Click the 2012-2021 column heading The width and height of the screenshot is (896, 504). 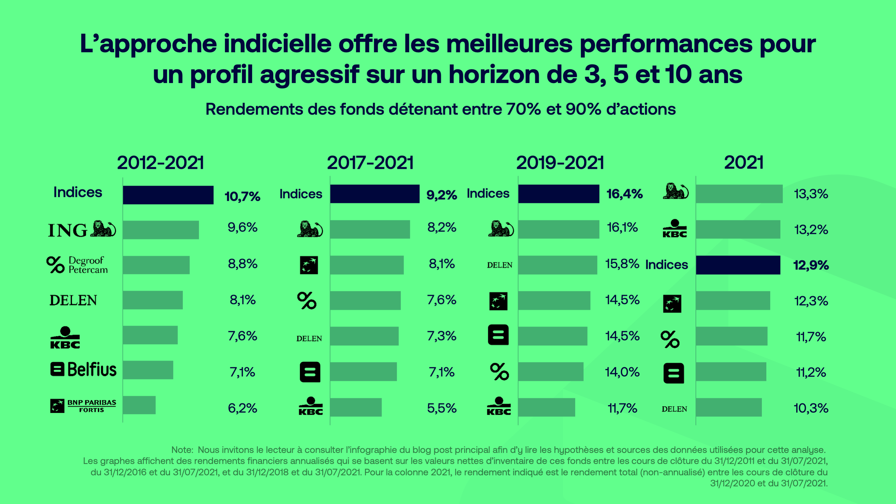[x=160, y=163]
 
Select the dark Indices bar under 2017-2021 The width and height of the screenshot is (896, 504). [x=375, y=194]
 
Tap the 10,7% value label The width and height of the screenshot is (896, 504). [x=242, y=197]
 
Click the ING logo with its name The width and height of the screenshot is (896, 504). [x=82, y=229]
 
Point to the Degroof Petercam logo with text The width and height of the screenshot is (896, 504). [x=77, y=265]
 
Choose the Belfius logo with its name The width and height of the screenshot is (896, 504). [x=83, y=369]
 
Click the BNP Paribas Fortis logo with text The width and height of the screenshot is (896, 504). [x=83, y=406]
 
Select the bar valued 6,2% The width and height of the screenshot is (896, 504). [x=139, y=405]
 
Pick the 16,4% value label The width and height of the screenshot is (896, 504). [x=624, y=194]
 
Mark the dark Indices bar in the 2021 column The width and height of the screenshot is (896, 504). [x=738, y=265]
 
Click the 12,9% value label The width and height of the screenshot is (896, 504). [x=811, y=265]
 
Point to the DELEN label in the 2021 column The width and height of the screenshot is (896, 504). [x=674, y=409]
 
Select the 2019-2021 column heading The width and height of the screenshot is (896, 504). [x=560, y=163]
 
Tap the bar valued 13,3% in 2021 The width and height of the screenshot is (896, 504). [x=739, y=194]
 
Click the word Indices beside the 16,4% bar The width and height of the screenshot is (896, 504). [x=488, y=193]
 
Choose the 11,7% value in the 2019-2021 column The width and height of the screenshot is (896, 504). [x=622, y=408]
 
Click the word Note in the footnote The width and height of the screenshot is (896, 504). [x=182, y=450]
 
